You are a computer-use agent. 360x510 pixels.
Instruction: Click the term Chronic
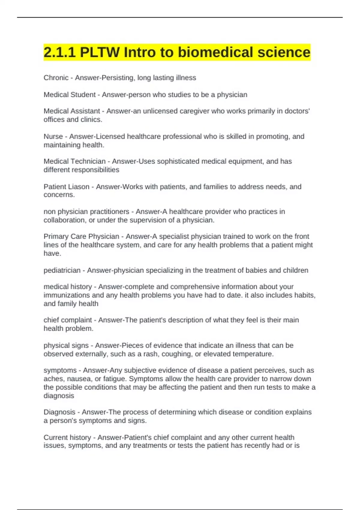56,78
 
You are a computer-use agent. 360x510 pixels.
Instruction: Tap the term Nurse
53,136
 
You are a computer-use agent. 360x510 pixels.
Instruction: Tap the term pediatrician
62,270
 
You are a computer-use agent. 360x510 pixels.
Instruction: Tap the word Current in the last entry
55,437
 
